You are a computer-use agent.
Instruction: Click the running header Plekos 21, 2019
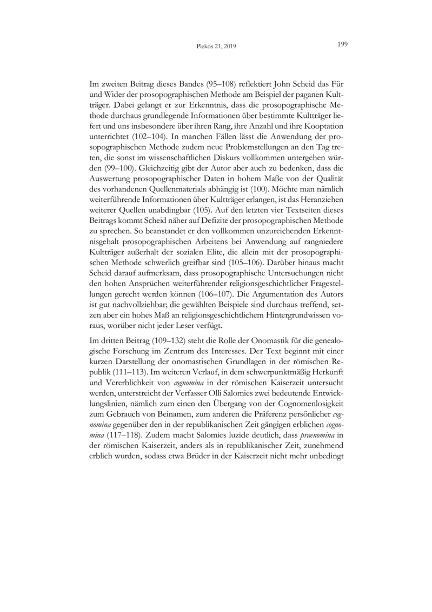[216, 47]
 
